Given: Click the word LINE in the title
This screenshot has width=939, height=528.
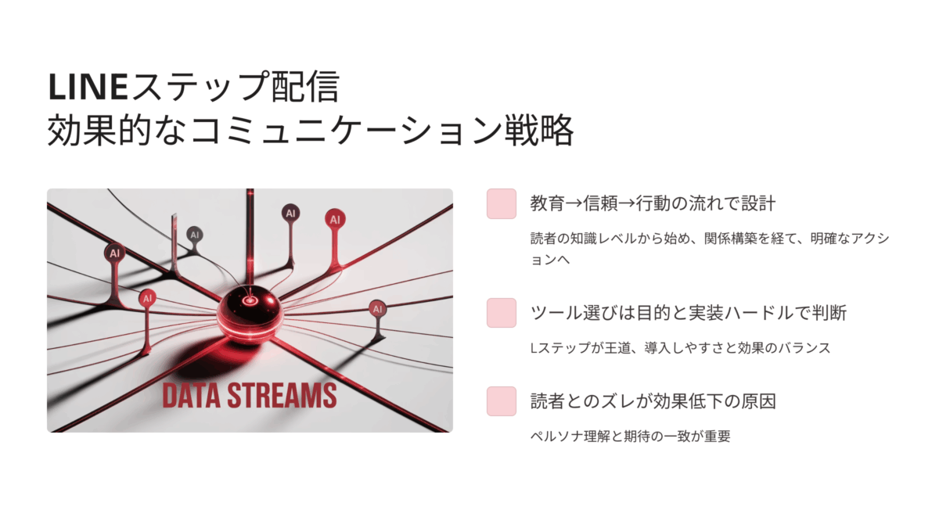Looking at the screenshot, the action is pyautogui.click(x=88, y=87).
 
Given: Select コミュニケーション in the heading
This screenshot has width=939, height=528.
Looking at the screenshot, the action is pyautogui.click(x=346, y=131).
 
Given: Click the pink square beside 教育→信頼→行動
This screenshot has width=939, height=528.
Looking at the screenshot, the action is pyautogui.click(x=502, y=203).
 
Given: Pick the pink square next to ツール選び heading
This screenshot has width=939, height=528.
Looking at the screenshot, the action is pyautogui.click(x=502, y=313).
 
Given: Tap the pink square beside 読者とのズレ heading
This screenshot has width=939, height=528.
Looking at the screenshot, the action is pyautogui.click(x=502, y=401).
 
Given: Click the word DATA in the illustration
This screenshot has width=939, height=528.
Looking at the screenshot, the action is pyautogui.click(x=191, y=395).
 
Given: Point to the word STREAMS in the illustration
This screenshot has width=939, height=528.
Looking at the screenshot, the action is pyautogui.click(x=282, y=395).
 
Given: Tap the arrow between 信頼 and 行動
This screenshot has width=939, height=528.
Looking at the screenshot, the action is pyautogui.click(x=627, y=203).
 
